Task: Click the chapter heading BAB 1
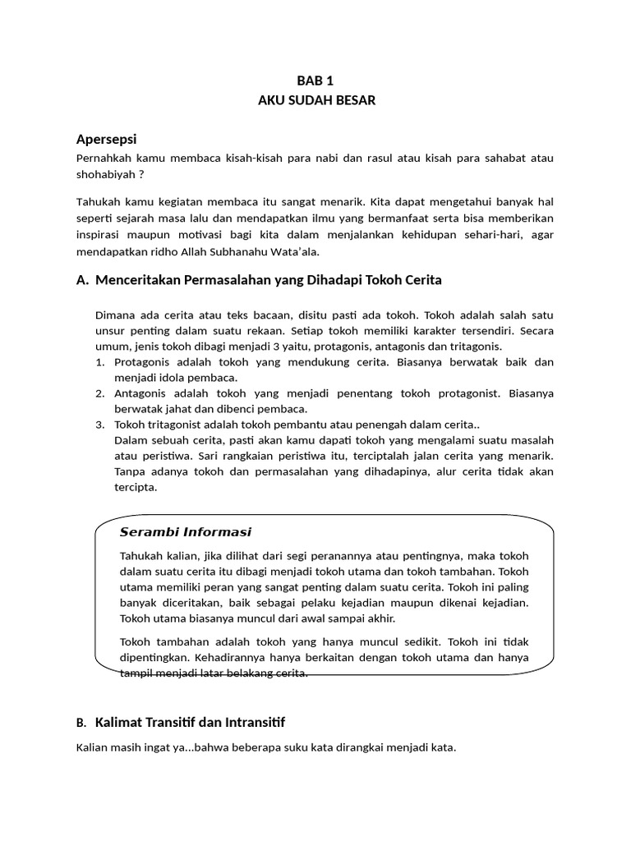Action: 315,80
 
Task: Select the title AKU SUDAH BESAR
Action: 315,100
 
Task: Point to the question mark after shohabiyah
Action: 142,175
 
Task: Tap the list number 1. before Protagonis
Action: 100,362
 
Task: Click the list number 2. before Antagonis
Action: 100,393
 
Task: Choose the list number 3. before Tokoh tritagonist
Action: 100,425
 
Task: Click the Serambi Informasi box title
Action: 186,531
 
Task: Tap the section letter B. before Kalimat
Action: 81,724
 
